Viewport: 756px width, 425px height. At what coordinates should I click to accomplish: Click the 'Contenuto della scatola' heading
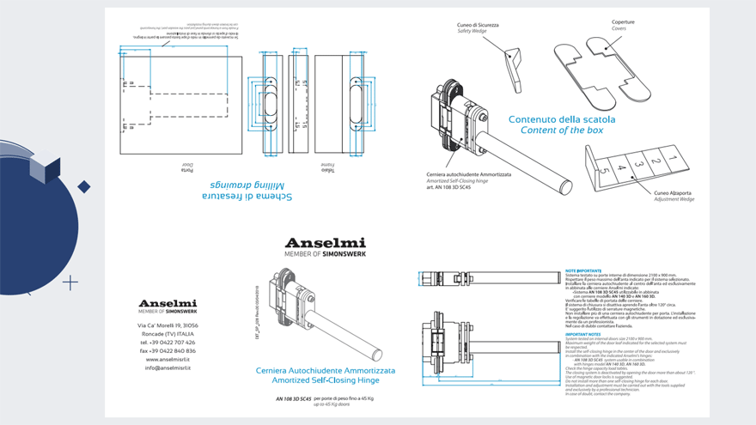pos(562,119)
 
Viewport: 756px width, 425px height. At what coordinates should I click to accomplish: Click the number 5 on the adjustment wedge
pos(606,172)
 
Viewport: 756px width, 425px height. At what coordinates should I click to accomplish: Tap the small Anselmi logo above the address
pos(168,303)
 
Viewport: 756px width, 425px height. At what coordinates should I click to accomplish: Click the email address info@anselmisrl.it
pos(168,367)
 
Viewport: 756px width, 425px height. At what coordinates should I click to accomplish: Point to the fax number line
pos(168,350)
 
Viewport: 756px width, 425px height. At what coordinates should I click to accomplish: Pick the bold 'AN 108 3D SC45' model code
pos(293,399)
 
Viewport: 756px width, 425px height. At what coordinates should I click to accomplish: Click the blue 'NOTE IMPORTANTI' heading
pos(583,270)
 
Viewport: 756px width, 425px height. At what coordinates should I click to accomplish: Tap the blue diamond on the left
pos(84,186)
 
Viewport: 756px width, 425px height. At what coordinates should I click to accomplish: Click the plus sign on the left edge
pos(70,282)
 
